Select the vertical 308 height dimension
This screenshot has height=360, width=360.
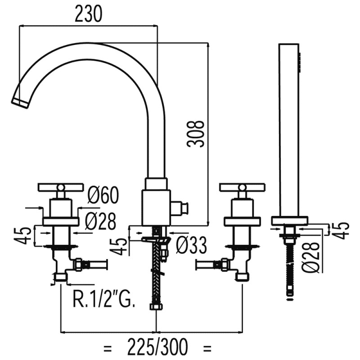197,133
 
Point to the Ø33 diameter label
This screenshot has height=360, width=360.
191,246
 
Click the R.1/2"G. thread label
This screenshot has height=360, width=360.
103,299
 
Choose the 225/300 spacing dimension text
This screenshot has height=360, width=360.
157,347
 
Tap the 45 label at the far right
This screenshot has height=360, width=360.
343,229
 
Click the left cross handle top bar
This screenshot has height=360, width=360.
61,187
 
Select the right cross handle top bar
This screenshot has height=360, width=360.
242,187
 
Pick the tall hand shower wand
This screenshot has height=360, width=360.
288,130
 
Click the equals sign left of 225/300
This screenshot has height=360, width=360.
108,347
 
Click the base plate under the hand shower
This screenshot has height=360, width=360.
290,220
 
